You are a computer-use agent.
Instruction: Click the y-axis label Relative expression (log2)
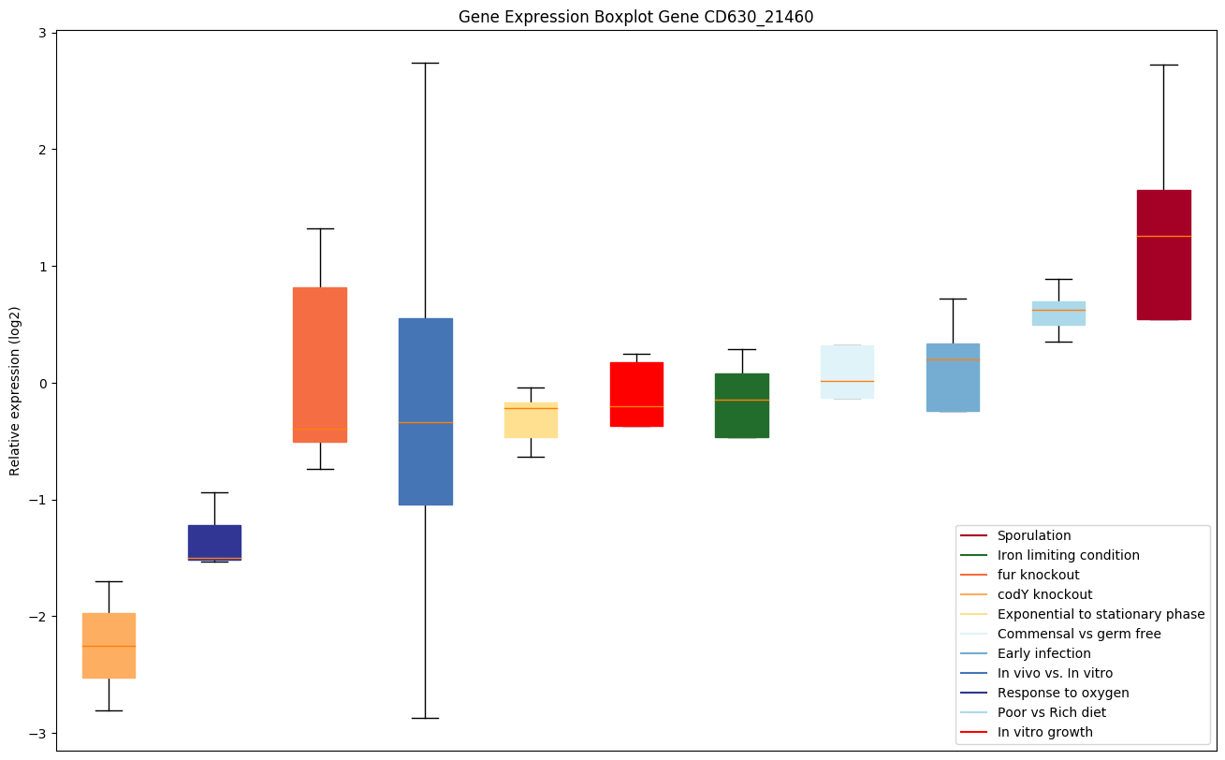coord(15,390)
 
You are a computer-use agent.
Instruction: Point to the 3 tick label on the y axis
coord(42,33)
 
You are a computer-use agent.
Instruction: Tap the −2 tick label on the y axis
coord(38,617)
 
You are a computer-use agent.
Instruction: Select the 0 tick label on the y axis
coord(42,384)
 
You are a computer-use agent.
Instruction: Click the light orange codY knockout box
coord(109,646)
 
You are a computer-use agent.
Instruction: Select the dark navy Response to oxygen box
coord(214,542)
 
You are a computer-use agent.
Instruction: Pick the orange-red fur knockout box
coord(320,365)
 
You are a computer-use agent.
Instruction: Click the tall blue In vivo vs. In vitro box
coord(426,412)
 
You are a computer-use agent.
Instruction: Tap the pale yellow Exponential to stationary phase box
coord(531,420)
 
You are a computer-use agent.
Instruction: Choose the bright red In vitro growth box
coord(636,394)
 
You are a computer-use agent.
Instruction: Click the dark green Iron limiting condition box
coord(742,405)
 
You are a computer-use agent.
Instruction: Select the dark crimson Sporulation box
coord(1163,255)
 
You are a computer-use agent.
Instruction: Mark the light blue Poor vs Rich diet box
coord(1058,314)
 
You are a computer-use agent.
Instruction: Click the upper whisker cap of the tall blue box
coord(426,63)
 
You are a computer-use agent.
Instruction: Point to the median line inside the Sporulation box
coord(1163,236)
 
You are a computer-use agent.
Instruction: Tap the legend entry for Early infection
coord(1043,653)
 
